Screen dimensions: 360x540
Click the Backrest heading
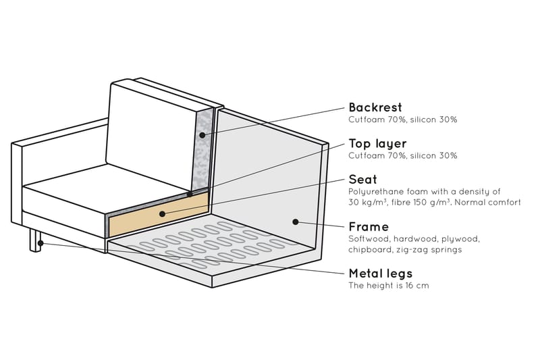coord(375,107)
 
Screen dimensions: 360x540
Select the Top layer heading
coord(377,144)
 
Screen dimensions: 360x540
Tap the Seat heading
coord(362,180)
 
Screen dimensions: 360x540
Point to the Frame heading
coord(369,227)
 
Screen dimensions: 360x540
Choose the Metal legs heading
coord(380,274)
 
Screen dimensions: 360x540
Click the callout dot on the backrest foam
coord(202,136)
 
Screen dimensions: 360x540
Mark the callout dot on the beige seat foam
coord(162,213)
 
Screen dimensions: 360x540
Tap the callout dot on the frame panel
coord(295,221)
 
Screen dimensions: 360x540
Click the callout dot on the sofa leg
coord(41,242)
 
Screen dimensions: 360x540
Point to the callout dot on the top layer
coord(190,194)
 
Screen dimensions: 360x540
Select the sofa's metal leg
coord(34,240)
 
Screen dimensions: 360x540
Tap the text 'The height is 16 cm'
coord(388,286)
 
